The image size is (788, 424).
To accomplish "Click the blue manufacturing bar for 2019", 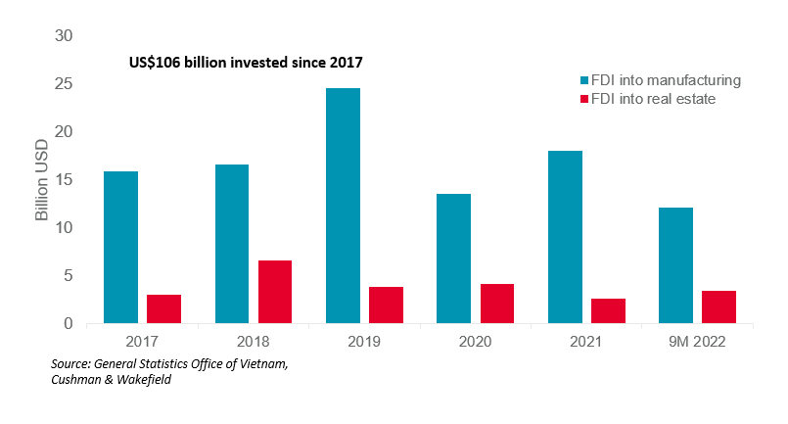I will click(x=343, y=206).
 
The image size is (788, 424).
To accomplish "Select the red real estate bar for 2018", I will click(x=275, y=292).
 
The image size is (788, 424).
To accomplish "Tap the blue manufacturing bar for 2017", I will click(x=120, y=248).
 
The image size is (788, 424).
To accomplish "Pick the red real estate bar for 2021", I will click(x=608, y=310).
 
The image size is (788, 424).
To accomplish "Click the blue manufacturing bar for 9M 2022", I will click(x=675, y=265).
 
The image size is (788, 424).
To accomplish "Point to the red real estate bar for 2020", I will click(x=497, y=304).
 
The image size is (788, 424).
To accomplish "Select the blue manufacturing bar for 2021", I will click(x=565, y=237).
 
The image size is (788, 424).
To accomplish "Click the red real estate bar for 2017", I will click(x=163, y=308).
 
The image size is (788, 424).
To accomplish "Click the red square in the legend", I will click(x=584, y=99).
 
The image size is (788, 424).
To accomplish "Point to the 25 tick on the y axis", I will click(x=63, y=84).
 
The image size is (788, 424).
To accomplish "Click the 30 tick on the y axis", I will click(x=63, y=36).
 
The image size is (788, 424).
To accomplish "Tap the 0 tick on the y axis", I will click(x=68, y=323).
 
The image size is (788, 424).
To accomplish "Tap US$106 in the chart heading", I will click(x=155, y=63).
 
